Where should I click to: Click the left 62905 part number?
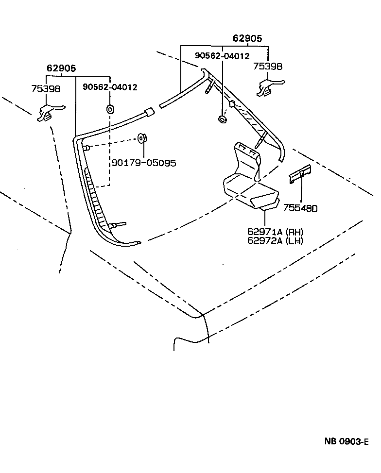(61, 68)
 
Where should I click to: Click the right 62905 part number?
(247, 38)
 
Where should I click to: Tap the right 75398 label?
(267, 67)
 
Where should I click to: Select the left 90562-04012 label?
(110, 87)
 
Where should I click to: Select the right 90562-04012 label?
(222, 56)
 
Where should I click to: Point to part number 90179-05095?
(144, 163)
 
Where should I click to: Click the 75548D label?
(300, 209)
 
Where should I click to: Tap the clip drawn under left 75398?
(49, 113)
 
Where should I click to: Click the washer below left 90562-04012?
(110, 108)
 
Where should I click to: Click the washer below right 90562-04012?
(223, 119)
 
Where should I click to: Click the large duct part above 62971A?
(248, 180)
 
